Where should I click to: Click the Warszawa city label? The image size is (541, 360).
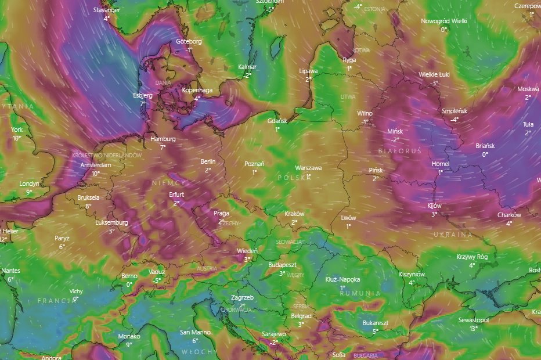click(x=308, y=168)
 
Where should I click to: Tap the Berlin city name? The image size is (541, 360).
click(x=208, y=161)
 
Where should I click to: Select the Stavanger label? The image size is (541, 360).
click(x=107, y=10)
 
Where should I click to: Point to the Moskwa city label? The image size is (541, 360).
click(x=528, y=89)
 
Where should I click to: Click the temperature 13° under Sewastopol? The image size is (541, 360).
click(x=473, y=328)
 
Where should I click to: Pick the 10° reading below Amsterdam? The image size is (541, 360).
click(x=95, y=173)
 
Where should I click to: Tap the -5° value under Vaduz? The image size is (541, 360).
click(x=157, y=280)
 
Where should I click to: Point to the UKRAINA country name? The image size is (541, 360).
click(x=453, y=235)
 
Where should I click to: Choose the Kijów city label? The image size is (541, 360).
click(x=434, y=206)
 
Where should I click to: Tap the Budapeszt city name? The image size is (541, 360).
click(x=282, y=265)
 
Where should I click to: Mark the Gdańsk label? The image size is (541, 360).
click(x=277, y=121)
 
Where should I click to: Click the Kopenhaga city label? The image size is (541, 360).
click(x=197, y=90)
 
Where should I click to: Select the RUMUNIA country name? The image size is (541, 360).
click(x=360, y=293)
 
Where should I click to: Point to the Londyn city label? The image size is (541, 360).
click(x=29, y=183)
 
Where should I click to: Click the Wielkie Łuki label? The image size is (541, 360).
click(x=434, y=74)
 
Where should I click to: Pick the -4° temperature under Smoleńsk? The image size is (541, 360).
click(x=455, y=119)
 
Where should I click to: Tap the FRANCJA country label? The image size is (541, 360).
click(x=56, y=301)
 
